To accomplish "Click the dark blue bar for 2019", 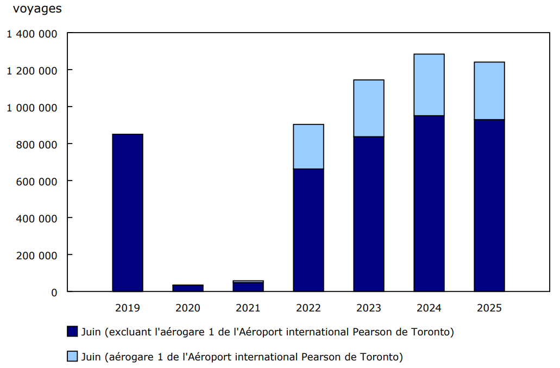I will [127, 213].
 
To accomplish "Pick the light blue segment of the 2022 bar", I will [308, 147].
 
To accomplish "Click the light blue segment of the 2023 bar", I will [368, 108].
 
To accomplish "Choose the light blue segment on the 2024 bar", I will [429, 85].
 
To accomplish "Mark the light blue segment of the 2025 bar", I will [489, 91].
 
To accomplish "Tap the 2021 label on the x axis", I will [248, 308].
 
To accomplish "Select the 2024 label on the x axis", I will [429, 308].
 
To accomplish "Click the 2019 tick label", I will [127, 308].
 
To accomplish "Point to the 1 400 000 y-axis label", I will [32, 34].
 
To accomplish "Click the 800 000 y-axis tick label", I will [37, 145].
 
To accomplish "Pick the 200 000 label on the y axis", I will [37, 255].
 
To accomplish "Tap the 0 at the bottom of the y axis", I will [54, 292].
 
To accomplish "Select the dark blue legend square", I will [72, 332].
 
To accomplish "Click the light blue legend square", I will [72, 357].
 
